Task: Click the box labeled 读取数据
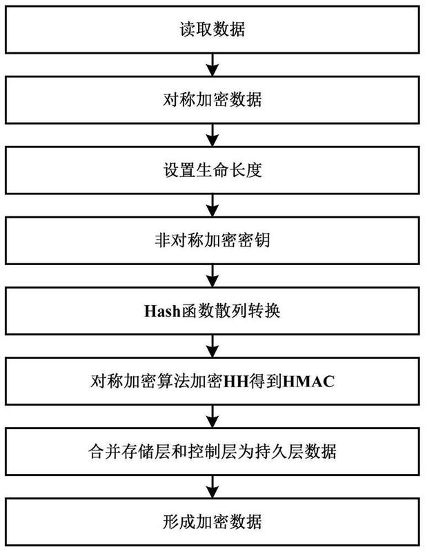(212, 30)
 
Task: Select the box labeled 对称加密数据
(212, 100)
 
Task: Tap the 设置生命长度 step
(212, 170)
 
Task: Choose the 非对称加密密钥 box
(212, 240)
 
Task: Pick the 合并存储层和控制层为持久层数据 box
(212, 452)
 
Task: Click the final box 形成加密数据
(212, 522)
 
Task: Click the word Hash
(162, 311)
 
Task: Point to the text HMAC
(308, 382)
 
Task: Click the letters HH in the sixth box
(236, 382)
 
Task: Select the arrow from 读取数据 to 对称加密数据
(212, 65)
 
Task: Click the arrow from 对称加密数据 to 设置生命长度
(212, 135)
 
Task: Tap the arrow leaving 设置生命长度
(212, 205)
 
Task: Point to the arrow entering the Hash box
(212, 276)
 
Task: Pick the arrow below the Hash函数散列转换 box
(212, 346)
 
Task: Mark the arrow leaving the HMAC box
(212, 417)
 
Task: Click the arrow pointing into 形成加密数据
(212, 487)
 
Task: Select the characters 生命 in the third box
(212, 170)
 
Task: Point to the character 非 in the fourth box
(163, 240)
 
